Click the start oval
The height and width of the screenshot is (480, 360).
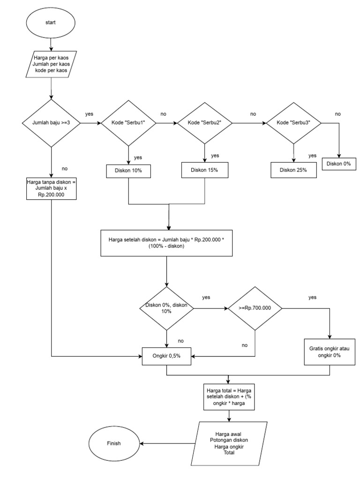click(50, 22)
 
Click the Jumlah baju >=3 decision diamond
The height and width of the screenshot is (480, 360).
click(51, 123)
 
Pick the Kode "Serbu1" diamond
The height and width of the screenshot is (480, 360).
click(128, 123)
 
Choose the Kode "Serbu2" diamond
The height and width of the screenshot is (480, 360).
click(204, 123)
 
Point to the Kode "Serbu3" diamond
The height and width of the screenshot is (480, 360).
click(293, 123)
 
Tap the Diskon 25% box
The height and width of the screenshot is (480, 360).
click(293, 170)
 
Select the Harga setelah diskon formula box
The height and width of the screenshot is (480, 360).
click(167, 242)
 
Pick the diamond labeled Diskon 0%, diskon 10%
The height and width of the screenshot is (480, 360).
click(167, 308)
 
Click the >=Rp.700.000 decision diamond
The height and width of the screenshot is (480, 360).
click(255, 308)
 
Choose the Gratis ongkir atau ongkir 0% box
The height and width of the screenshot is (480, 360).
click(331, 352)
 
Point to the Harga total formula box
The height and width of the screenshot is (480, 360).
click(229, 397)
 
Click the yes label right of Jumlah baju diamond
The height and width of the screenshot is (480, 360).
click(89, 114)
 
